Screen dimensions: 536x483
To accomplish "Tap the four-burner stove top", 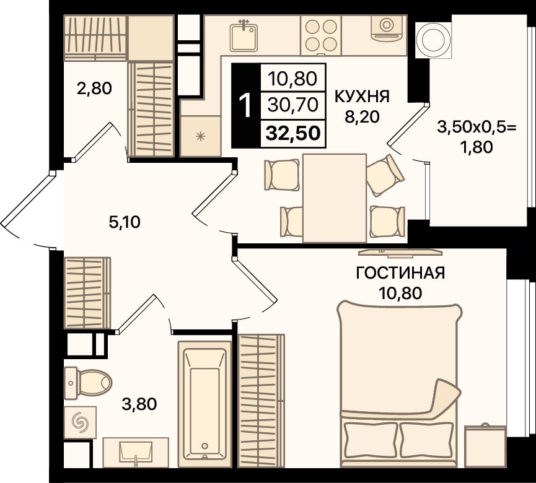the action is point(321,35).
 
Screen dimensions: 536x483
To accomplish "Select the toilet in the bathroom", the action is point(88,383).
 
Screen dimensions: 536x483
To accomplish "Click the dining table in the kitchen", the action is point(335,198).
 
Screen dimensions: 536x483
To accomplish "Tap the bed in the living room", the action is point(400,385).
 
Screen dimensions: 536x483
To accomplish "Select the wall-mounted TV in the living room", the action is point(400,252).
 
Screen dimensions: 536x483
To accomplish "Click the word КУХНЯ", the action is point(362,97).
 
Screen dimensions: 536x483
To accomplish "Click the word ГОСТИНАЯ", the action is point(400,273).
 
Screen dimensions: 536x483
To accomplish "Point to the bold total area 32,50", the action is point(293,133).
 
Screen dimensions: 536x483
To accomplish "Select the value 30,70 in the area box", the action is point(293,105).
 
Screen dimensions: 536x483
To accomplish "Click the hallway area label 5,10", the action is point(125,222).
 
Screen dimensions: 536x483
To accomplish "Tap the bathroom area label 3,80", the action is point(139,404).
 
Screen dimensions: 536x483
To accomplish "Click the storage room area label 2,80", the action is point(94,89).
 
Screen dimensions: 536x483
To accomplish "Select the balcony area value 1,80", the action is point(477,147).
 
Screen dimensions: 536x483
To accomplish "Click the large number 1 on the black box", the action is point(245,105).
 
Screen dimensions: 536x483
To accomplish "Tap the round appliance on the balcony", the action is point(433,40).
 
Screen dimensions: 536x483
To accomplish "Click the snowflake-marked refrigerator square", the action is point(200,136).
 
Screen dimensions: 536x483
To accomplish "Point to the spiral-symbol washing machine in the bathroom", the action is point(81,422).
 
